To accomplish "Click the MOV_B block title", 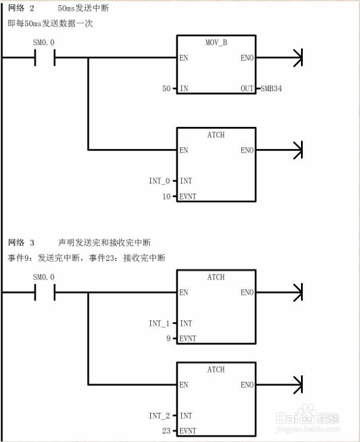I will click(216, 43).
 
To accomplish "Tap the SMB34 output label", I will click(271, 89).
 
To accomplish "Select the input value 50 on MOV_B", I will click(166, 89).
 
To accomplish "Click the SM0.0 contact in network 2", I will click(44, 58).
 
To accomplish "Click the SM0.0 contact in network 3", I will click(44, 292).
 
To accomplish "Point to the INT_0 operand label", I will click(159, 180).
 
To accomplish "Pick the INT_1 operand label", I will click(159, 323).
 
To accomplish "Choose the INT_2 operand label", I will click(159, 415).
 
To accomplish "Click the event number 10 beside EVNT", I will click(166, 196).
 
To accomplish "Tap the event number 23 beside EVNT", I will click(166, 431).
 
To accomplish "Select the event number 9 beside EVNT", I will click(169, 338).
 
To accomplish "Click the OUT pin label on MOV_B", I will click(247, 89).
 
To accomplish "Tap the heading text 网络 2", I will click(21, 9).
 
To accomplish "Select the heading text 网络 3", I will click(21, 242).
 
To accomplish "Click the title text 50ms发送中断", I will click(83, 9).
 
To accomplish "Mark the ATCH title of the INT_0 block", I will click(216, 135).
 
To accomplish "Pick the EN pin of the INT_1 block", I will click(184, 292).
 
